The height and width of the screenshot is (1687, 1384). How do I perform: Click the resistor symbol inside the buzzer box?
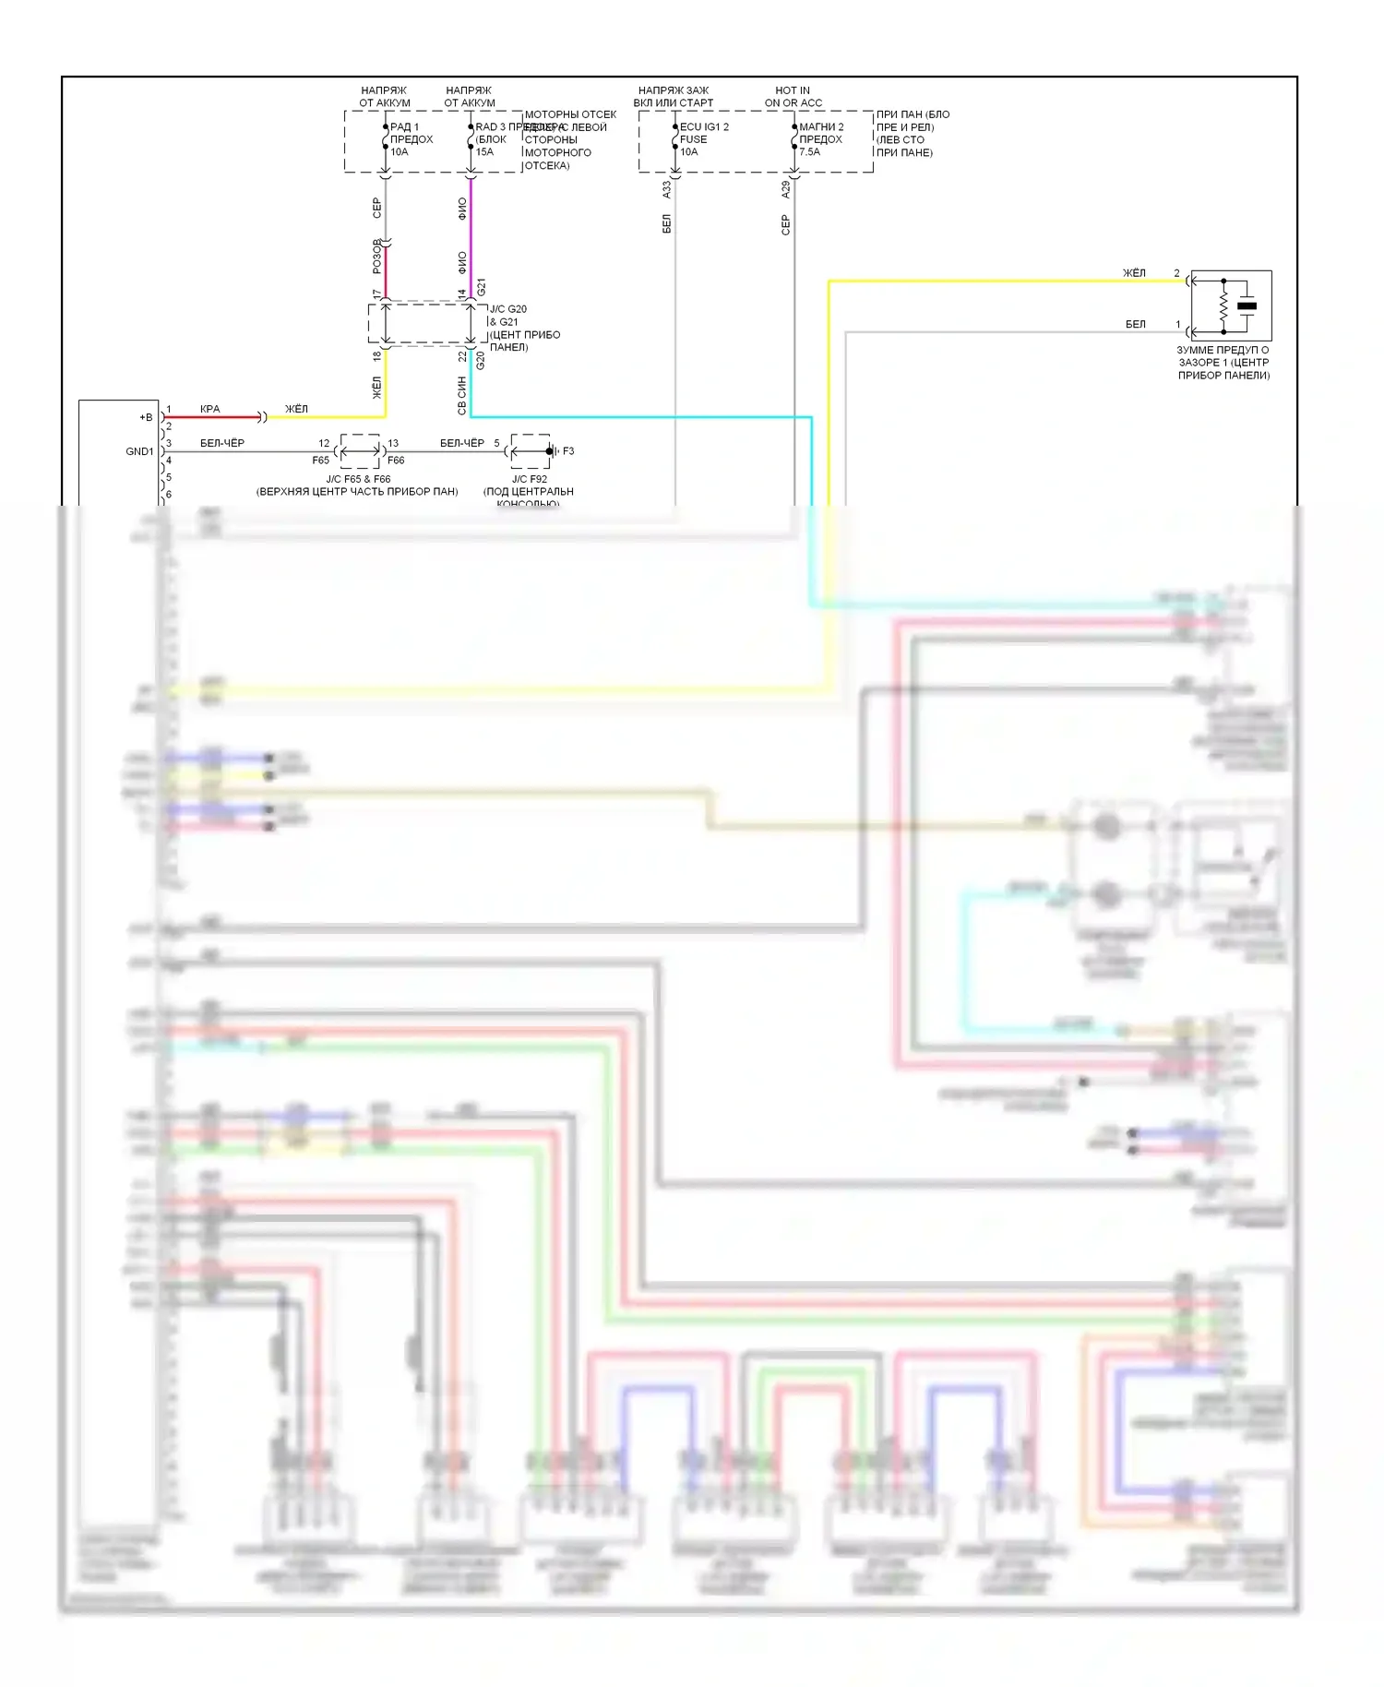click(x=1223, y=305)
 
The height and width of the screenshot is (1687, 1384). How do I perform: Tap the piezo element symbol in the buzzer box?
click(x=1247, y=305)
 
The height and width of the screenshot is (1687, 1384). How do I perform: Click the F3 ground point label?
click(x=567, y=451)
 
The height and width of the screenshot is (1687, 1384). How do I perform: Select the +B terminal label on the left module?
click(x=146, y=417)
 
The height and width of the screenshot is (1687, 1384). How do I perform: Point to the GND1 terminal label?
click(x=139, y=451)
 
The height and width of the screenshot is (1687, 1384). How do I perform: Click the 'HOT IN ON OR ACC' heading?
click(x=793, y=97)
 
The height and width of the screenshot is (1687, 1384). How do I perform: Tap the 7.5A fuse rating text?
click(x=809, y=152)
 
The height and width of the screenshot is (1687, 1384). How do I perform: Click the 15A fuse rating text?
click(x=484, y=152)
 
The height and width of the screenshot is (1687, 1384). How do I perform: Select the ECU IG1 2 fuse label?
click(x=704, y=127)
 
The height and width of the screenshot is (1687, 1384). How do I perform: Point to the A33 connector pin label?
click(x=667, y=189)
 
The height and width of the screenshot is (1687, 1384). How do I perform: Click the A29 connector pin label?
click(x=786, y=189)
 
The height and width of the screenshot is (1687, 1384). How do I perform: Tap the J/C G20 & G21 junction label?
click(x=507, y=316)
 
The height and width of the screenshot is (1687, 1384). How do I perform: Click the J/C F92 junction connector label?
click(x=530, y=479)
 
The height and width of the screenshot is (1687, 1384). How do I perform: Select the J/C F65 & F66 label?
click(x=358, y=479)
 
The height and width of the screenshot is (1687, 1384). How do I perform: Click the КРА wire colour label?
click(x=210, y=409)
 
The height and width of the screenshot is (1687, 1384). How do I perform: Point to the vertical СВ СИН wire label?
click(x=462, y=395)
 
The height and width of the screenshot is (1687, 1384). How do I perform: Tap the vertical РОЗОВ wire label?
click(x=376, y=257)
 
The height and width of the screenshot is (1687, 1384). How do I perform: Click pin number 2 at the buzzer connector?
click(x=1176, y=273)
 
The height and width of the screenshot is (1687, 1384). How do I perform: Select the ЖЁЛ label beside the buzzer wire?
click(x=1134, y=273)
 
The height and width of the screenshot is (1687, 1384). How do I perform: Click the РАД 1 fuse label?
click(x=404, y=127)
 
